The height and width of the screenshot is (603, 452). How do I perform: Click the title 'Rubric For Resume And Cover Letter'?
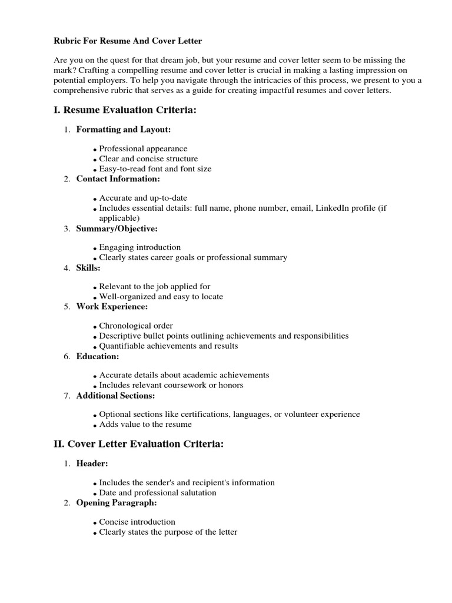coord(128,41)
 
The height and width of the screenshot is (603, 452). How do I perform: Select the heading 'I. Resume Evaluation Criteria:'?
coord(124,110)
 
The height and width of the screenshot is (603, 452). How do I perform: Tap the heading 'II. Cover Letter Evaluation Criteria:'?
coord(138,444)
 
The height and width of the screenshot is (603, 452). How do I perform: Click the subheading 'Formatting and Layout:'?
coord(124,130)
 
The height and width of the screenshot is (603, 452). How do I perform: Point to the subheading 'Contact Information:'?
coord(118,178)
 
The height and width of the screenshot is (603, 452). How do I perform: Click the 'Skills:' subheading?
coord(88,267)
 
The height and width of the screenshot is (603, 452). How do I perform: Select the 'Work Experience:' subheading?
coord(112,306)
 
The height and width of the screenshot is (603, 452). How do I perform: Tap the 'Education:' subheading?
coord(98,356)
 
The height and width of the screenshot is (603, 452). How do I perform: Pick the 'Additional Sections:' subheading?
coord(115,395)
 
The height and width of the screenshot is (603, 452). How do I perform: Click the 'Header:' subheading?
coord(92,463)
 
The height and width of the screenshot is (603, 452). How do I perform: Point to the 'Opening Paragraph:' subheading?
coord(117,503)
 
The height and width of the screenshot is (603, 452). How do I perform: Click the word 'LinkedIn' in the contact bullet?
coord(332,208)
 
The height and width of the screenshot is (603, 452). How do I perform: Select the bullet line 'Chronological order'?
coord(135,326)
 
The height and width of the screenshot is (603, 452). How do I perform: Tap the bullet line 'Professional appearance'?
coord(143,149)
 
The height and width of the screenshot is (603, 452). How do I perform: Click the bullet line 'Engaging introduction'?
coord(139,247)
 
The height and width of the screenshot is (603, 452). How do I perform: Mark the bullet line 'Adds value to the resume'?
coord(145,424)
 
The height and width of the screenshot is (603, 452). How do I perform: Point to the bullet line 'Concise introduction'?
coord(137,522)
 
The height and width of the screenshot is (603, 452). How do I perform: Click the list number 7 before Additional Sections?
coord(67,396)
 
